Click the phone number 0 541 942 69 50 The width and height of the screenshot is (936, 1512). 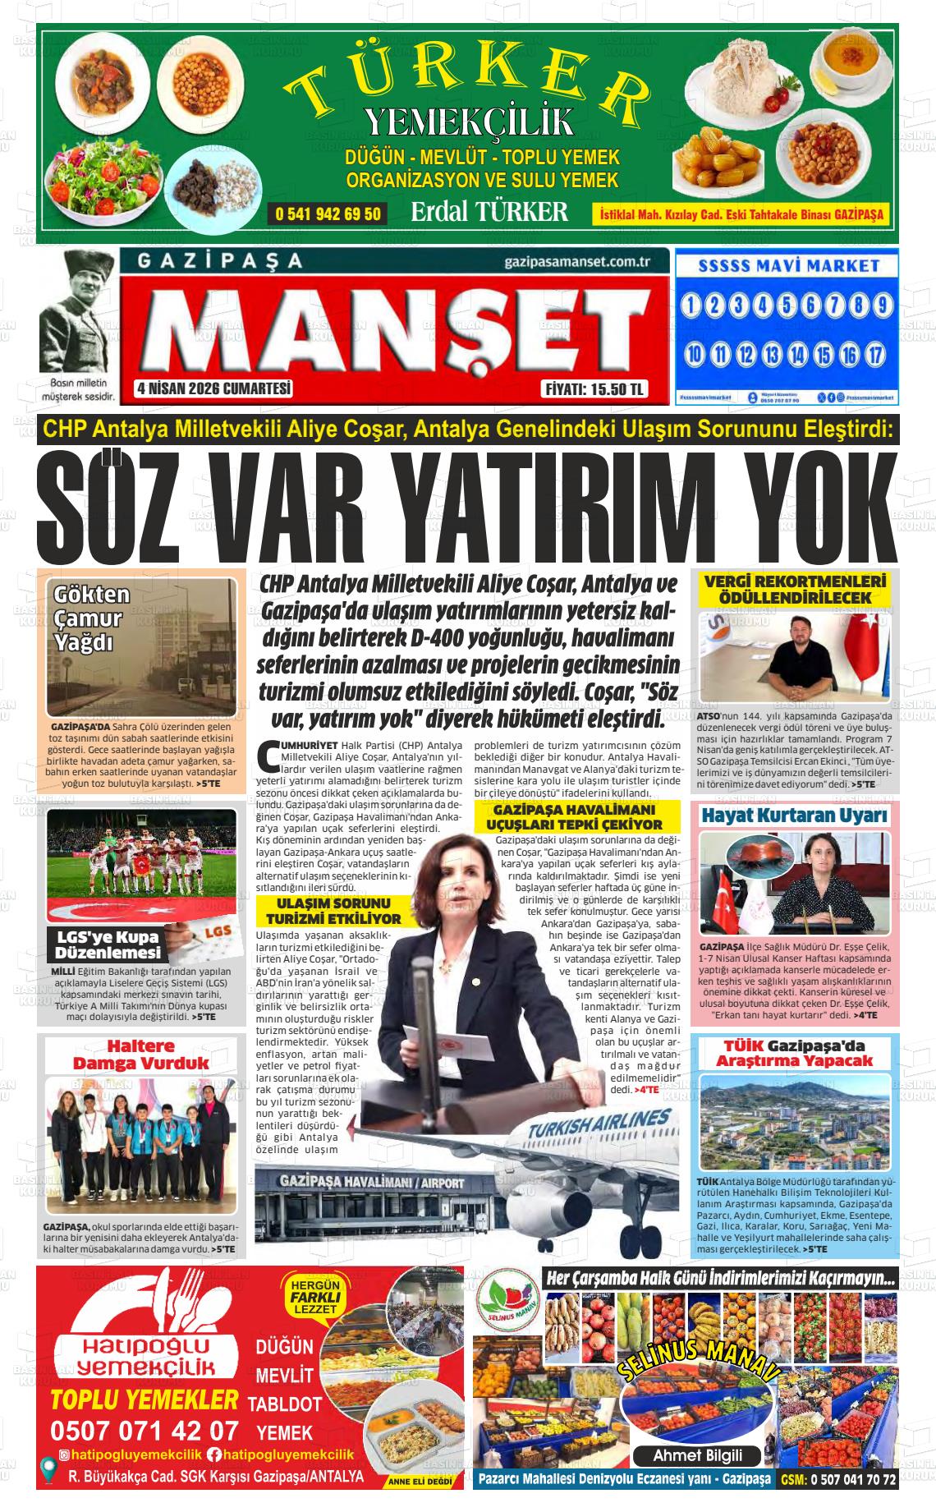[328, 214]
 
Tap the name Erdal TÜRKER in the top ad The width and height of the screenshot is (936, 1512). [489, 212]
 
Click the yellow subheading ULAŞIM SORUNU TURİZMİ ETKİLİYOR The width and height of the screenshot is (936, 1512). [328, 911]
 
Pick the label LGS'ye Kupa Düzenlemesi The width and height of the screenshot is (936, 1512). [107, 944]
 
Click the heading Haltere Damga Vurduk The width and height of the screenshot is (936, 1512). [141, 1055]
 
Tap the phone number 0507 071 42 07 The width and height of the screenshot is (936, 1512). [145, 1430]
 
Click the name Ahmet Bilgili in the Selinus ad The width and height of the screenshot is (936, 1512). [696, 1455]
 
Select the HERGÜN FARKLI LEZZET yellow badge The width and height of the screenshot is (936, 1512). [310, 1297]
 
